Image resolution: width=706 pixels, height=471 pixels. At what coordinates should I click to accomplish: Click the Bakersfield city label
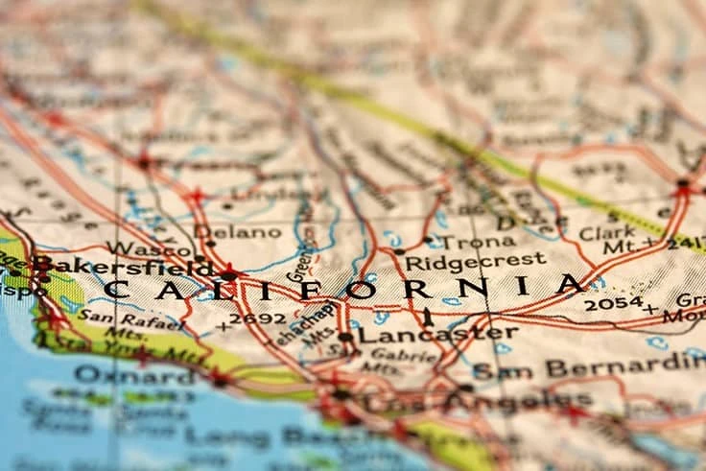(x=123, y=266)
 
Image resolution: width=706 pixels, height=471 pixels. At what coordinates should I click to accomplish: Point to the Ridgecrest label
(x=475, y=260)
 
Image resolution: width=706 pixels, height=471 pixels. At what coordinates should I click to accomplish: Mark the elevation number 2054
(x=613, y=304)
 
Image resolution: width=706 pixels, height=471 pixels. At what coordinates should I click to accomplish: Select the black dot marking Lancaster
(x=345, y=337)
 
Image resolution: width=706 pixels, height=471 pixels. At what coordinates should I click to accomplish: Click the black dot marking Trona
(x=428, y=240)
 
